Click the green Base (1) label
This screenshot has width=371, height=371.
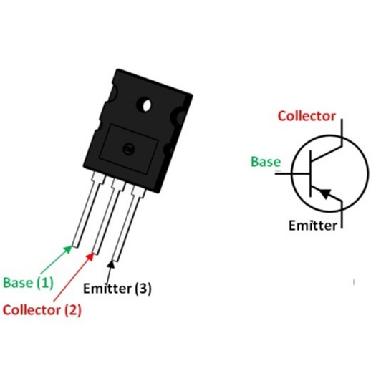(28, 283)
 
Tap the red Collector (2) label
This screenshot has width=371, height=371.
(42, 310)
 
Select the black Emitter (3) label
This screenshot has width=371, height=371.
(117, 289)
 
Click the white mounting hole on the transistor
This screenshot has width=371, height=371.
(146, 105)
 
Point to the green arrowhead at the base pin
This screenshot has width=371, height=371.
(68, 249)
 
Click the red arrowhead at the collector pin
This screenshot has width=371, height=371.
(90, 256)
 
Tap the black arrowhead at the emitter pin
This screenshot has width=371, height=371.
(110, 264)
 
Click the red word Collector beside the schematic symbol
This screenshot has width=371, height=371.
(307, 116)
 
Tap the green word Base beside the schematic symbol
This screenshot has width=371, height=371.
(266, 162)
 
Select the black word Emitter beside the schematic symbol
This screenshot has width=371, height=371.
(313, 226)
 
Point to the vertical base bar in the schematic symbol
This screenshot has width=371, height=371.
(310, 173)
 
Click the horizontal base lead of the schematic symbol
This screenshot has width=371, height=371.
(292, 173)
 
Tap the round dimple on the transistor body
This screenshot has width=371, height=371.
(129, 149)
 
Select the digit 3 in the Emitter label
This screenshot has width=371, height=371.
(143, 289)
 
